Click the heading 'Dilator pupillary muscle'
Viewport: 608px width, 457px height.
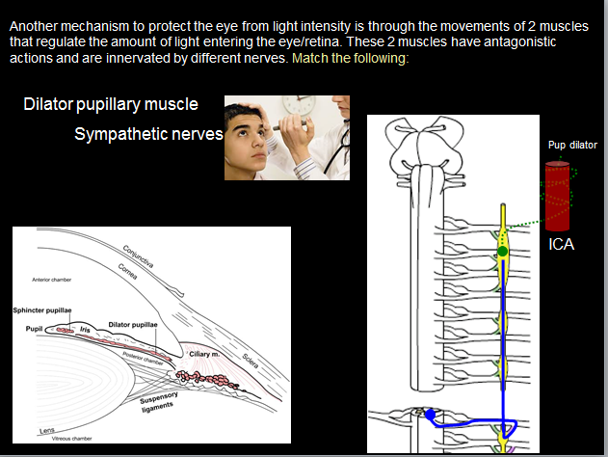[x=111, y=103]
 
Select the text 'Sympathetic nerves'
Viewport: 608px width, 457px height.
[x=147, y=133]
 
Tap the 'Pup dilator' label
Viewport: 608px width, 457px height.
[x=572, y=146]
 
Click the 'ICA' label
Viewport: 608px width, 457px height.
[x=561, y=245]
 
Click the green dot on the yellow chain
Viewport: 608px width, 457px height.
[x=502, y=252]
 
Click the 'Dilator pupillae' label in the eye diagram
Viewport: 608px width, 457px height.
[x=133, y=325]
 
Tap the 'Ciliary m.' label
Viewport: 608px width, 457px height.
[x=205, y=355]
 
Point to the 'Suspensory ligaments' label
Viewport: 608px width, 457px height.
[x=159, y=402]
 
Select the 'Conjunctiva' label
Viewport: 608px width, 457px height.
[x=142, y=252]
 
